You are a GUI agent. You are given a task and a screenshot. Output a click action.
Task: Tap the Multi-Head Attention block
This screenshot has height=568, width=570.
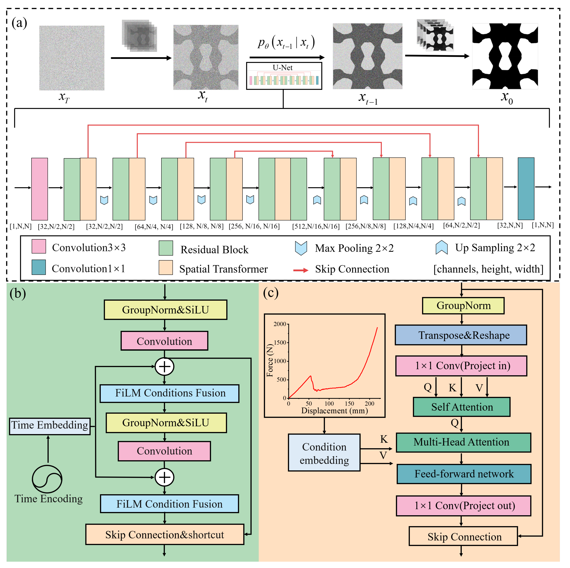pyautogui.click(x=463, y=442)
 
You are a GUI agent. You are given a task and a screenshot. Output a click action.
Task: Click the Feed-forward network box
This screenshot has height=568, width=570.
pyautogui.click(x=464, y=474)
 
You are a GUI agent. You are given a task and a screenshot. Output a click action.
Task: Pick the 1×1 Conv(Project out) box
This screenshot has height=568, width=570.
pyautogui.click(x=463, y=506)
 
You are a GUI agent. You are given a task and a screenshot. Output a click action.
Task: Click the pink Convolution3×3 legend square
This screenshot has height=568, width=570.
pyautogui.click(x=39, y=246)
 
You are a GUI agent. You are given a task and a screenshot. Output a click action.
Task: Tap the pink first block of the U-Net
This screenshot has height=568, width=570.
pyautogui.click(x=40, y=189)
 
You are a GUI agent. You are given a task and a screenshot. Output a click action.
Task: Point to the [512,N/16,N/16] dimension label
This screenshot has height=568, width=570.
pyautogui.click(x=316, y=227)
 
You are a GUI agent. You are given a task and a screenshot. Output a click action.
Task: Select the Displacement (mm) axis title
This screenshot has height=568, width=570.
pyautogui.click(x=334, y=410)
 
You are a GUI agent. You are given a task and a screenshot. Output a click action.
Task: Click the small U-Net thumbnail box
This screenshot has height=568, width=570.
pyautogui.click(x=284, y=76)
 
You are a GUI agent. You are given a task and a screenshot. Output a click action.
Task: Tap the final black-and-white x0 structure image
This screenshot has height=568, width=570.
pyautogui.click(x=505, y=56)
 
